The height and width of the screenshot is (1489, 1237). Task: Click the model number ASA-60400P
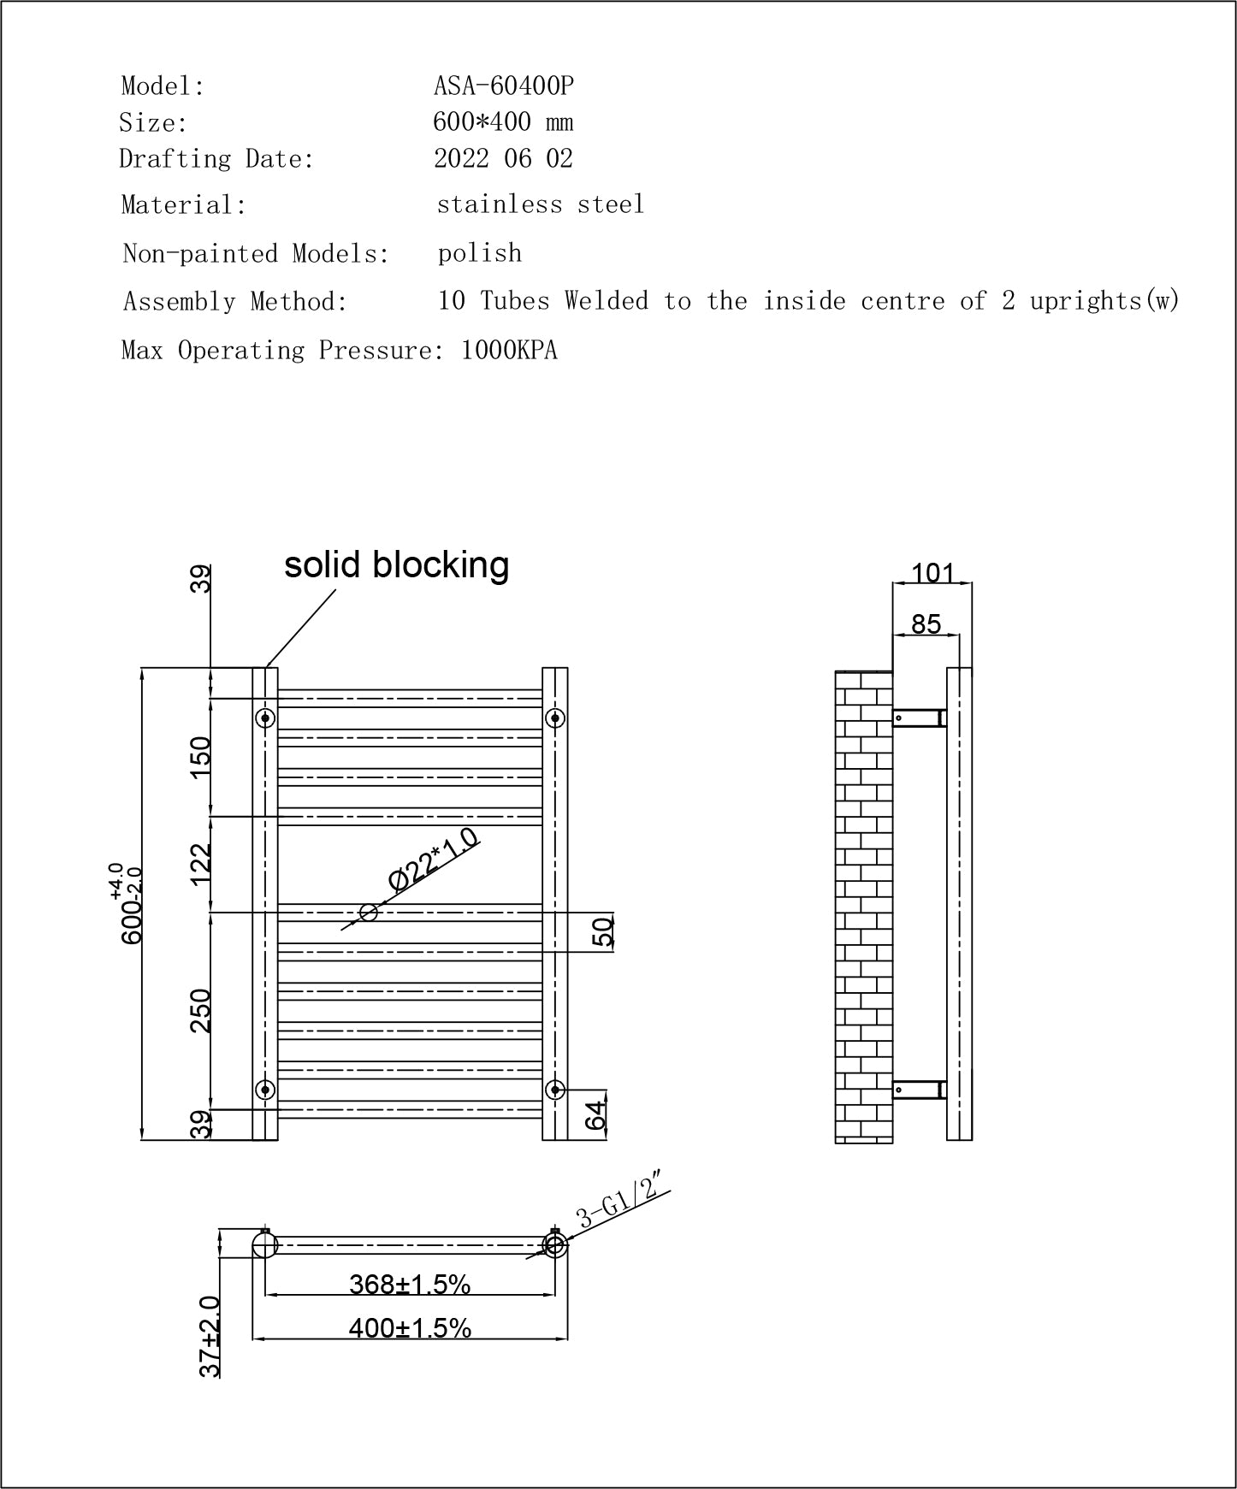coord(503,86)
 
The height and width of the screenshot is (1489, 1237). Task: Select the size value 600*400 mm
coord(503,122)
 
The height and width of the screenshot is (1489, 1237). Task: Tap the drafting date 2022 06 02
coord(503,159)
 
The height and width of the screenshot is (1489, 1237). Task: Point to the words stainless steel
coord(540,204)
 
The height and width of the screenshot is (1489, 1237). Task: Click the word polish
coord(479,253)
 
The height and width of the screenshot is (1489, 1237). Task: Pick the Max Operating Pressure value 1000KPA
coord(509,351)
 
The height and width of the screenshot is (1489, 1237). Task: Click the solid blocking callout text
coord(396,564)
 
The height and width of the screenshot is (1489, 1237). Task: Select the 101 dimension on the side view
coord(932,572)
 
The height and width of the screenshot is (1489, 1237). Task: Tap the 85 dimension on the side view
coord(926,624)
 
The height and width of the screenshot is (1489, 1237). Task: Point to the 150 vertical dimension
coord(200,757)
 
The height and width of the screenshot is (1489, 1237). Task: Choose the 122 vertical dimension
coord(200,864)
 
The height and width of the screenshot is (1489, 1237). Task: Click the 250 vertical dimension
coord(200,1010)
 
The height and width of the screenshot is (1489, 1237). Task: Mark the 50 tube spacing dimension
coord(603,932)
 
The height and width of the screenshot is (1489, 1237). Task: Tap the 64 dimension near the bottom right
coord(596,1114)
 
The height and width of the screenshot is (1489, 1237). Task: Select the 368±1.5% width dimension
coord(410,1284)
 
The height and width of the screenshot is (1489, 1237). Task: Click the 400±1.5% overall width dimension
coord(410,1328)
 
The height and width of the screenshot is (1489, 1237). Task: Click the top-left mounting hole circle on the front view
coord(265,717)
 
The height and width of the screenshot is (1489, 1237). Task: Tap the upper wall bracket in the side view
coord(919,718)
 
